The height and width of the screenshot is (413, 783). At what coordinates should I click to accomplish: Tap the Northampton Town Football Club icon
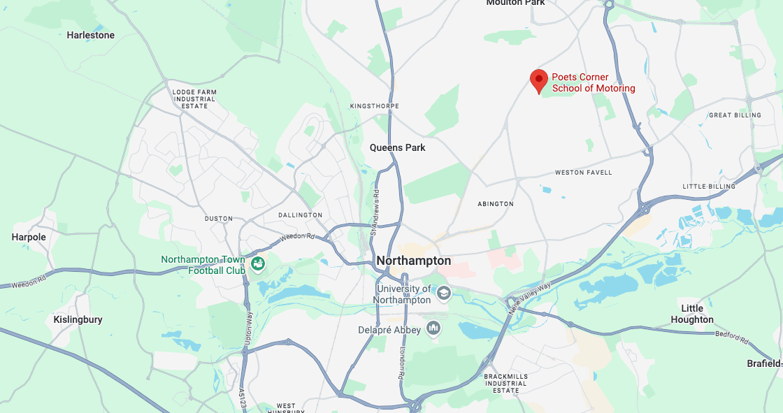[258, 263]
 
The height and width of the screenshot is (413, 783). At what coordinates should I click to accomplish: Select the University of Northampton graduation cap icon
[443, 294]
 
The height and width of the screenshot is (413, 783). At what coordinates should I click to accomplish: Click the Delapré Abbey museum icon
[433, 328]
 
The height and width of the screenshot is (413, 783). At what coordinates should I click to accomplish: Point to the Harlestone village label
[90, 35]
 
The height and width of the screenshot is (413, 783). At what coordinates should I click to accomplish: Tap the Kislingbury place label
[78, 319]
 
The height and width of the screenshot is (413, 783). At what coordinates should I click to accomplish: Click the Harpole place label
[29, 237]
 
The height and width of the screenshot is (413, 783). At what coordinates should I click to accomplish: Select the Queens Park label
[397, 147]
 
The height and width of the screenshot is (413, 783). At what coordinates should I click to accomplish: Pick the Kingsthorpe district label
[374, 106]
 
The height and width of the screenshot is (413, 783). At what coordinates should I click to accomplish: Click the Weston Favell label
[583, 173]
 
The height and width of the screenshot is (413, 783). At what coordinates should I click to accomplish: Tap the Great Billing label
[735, 115]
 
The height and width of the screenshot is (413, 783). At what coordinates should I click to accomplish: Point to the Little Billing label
[709, 187]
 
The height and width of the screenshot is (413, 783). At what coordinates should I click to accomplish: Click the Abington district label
[496, 204]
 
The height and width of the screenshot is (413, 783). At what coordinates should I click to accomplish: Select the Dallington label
[300, 215]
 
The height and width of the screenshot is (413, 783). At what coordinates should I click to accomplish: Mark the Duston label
[218, 219]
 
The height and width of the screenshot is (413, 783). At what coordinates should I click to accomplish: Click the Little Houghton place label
[691, 314]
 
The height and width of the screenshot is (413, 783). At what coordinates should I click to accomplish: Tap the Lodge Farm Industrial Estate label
[194, 99]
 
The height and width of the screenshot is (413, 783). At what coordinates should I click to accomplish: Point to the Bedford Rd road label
[731, 337]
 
